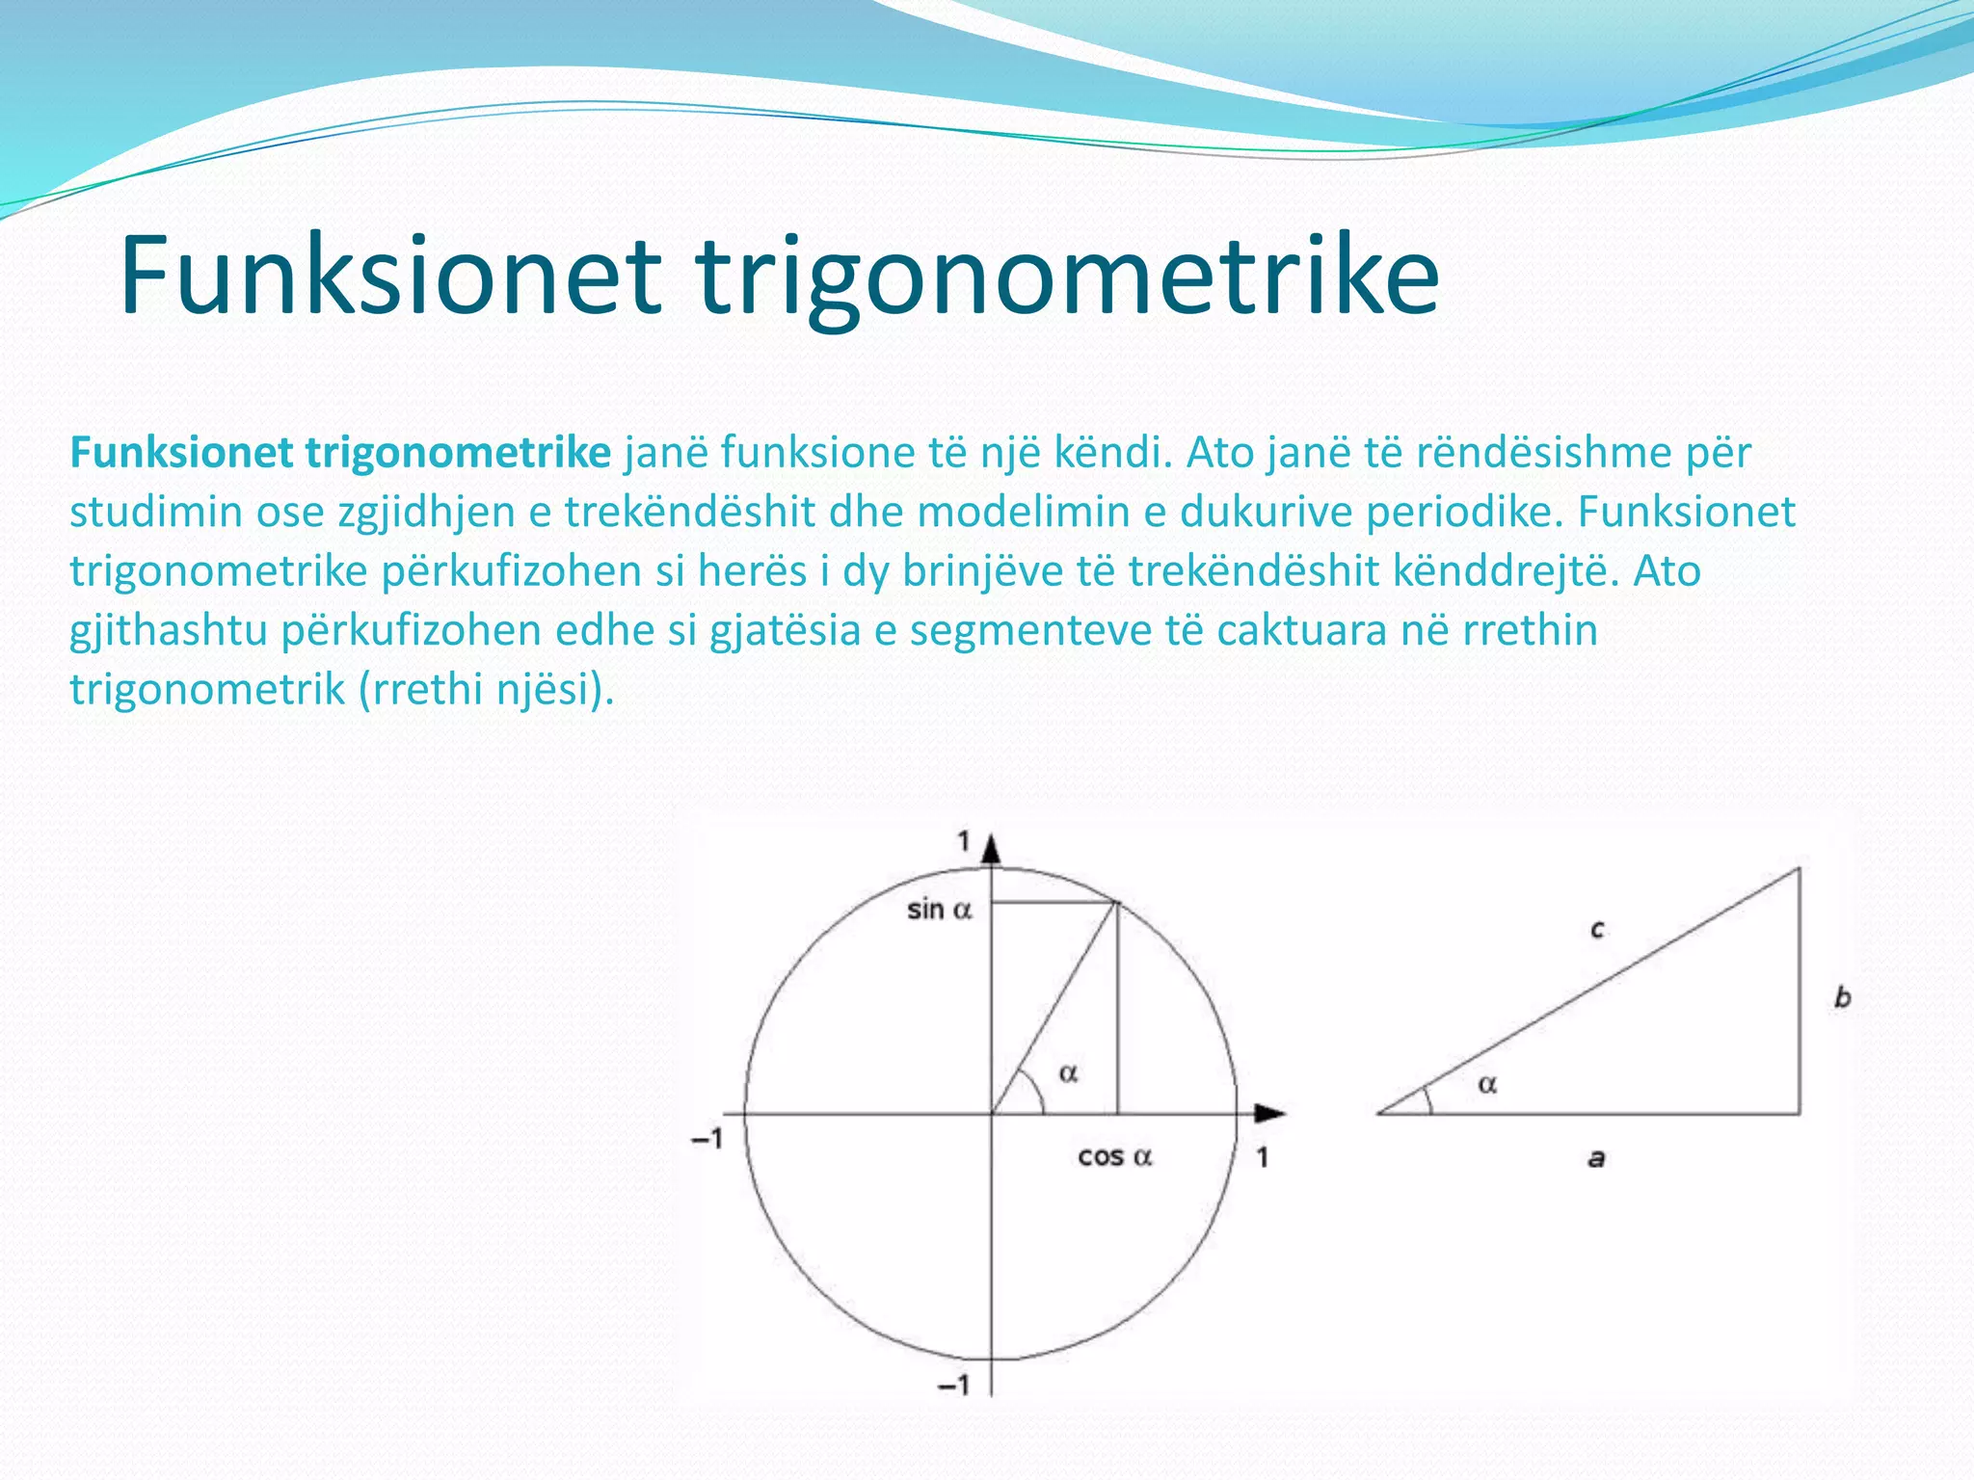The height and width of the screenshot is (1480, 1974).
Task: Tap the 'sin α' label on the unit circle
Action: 939,910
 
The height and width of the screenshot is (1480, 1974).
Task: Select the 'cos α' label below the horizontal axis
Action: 1114,1156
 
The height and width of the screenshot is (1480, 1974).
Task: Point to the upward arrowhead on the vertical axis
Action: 992,848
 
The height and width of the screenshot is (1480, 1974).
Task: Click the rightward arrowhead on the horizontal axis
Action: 1270,1114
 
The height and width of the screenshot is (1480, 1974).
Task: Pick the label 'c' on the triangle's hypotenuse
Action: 1597,930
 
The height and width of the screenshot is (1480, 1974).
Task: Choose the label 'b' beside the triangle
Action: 1843,997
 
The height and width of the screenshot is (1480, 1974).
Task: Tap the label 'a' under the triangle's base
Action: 1597,1158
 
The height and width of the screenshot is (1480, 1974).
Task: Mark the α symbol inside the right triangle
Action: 1487,1086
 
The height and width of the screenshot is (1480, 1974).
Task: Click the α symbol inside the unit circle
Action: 1068,1073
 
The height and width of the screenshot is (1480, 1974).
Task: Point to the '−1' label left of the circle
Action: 707,1139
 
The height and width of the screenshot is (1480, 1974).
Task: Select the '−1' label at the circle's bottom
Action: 954,1386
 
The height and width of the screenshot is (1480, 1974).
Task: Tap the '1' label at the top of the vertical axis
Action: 963,841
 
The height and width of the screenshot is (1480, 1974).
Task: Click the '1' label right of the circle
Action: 1263,1157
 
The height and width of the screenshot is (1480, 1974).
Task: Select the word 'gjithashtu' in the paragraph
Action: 169,631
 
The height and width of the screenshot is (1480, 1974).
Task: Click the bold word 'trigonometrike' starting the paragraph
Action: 458,452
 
